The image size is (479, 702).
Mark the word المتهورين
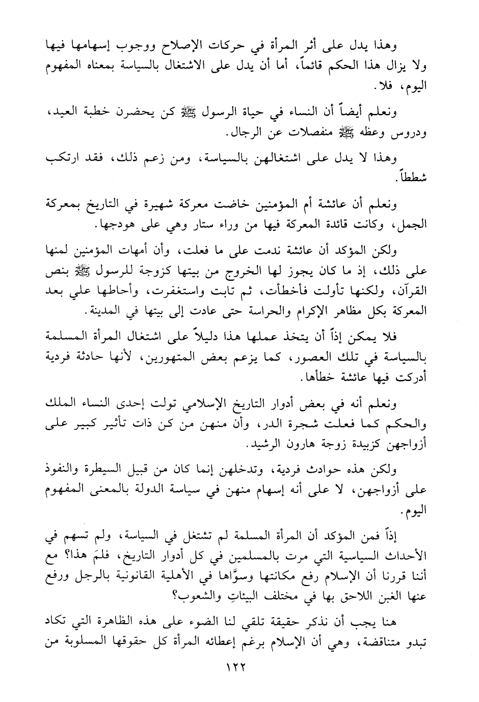pyautogui.click(x=195, y=358)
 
